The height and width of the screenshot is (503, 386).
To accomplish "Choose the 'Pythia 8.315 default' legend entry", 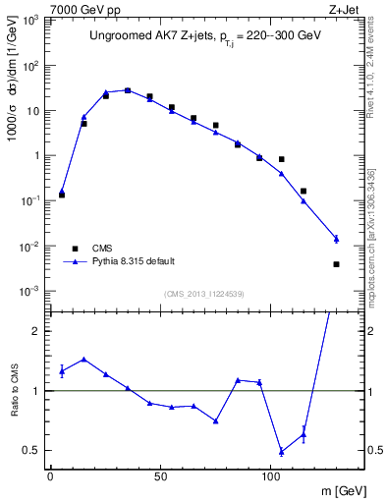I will click(134, 262).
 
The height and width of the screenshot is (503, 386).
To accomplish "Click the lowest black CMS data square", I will click(336, 263).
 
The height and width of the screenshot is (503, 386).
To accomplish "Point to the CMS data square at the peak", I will click(128, 90).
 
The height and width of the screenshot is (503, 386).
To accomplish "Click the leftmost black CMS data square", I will click(62, 195).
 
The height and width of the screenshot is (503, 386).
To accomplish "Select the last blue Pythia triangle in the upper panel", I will click(336, 239).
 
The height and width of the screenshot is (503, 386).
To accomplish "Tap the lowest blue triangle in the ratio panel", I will click(282, 452).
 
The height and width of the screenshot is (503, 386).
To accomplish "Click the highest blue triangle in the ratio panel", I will click(83, 360).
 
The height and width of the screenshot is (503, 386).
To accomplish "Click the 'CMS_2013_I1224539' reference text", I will click(203, 294).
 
